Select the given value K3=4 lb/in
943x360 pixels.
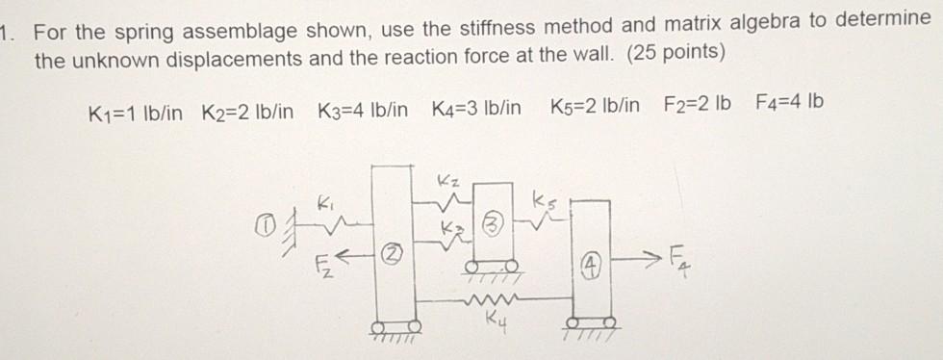361,104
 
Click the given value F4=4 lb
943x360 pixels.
789,103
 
